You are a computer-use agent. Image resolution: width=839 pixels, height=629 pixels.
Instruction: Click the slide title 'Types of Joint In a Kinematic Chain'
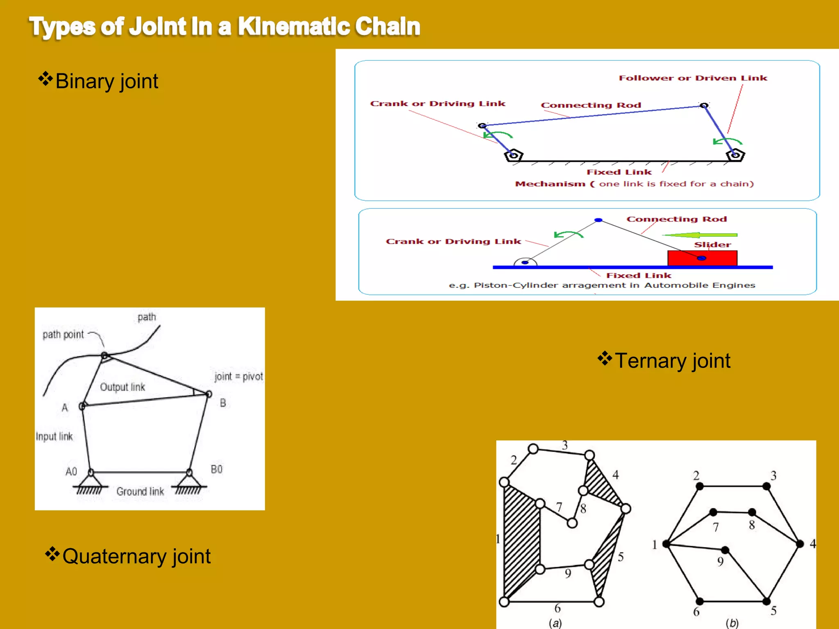click(x=224, y=27)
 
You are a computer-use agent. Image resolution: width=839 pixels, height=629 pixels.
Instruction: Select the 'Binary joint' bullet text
click(x=107, y=81)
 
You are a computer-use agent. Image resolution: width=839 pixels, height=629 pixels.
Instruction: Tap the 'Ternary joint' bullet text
click(x=672, y=361)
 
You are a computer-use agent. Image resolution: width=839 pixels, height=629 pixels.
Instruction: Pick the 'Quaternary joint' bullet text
click(x=136, y=556)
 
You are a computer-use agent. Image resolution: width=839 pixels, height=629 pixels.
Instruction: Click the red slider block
click(x=702, y=258)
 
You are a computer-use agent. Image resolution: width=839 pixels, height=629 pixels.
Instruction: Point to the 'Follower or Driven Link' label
click(x=693, y=78)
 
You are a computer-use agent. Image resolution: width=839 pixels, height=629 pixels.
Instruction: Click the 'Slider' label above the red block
click(x=712, y=244)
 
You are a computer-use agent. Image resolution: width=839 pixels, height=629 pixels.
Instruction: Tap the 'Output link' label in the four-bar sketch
click(x=122, y=387)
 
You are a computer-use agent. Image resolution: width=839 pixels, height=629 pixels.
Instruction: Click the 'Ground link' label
click(x=140, y=491)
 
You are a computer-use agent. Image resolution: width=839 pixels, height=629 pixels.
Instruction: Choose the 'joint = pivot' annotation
click(x=238, y=376)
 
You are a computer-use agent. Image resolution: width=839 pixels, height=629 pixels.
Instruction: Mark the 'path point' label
click(x=63, y=335)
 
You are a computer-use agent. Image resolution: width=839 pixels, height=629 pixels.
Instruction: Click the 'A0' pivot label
click(x=71, y=471)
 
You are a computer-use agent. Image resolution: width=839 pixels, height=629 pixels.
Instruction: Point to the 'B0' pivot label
click(x=217, y=469)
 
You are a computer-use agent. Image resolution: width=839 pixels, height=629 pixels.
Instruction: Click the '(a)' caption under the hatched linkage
click(x=555, y=623)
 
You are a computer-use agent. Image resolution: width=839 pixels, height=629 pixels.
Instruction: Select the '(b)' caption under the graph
click(x=732, y=623)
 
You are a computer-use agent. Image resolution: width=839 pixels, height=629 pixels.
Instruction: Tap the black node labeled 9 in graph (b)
click(x=725, y=550)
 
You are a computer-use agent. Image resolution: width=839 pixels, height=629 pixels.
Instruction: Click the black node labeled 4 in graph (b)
click(x=800, y=544)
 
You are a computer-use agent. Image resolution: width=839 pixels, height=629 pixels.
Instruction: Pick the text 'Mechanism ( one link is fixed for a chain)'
click(x=634, y=184)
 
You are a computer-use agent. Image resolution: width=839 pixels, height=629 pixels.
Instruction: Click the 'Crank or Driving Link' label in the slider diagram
click(x=453, y=241)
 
